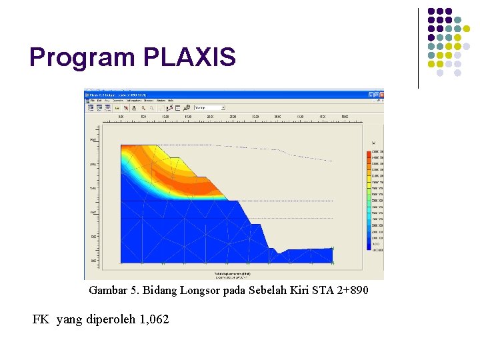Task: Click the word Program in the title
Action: [82, 58]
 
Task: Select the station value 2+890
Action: [351, 291]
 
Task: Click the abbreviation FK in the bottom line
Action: [41, 320]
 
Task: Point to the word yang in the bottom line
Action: [67, 321]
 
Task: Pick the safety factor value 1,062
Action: [154, 320]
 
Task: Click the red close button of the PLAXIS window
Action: [381, 94]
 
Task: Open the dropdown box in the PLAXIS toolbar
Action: [209, 107]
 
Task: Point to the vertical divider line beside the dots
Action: [419, 48]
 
